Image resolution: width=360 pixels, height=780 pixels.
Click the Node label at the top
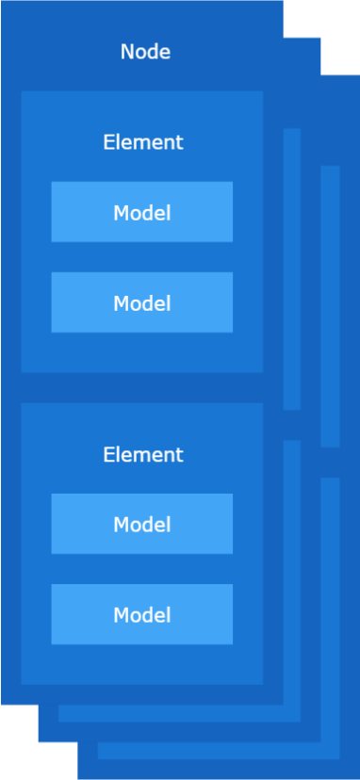pyautogui.click(x=145, y=52)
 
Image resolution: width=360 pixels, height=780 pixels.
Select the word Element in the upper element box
pyautogui.click(x=142, y=142)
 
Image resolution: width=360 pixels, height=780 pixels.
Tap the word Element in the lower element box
pyautogui.click(x=142, y=454)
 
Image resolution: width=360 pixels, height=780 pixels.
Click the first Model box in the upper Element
pyautogui.click(x=141, y=212)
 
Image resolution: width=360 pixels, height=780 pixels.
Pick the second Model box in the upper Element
pyautogui.click(x=141, y=302)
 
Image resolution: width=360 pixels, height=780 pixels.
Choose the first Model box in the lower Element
pyautogui.click(x=141, y=524)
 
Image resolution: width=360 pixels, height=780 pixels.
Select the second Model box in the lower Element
pyautogui.click(x=141, y=614)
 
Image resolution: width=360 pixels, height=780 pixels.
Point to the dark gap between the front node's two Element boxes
pyautogui.click(x=141, y=387)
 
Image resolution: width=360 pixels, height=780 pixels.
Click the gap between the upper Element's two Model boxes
pyautogui.click(x=141, y=257)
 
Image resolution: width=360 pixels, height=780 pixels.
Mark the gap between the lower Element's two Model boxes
pyautogui.click(x=141, y=569)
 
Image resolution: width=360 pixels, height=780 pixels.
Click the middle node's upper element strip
pyautogui.click(x=292, y=268)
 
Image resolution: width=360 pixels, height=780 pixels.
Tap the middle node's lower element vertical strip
pyautogui.click(x=292, y=565)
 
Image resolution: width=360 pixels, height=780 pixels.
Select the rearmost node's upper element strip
pyautogui.click(x=330, y=306)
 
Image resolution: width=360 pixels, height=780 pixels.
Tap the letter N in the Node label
pyautogui.click(x=126, y=52)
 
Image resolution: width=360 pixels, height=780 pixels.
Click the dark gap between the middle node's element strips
pyautogui.click(x=292, y=425)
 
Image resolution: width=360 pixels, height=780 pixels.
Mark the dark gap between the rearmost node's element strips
pyautogui.click(x=330, y=463)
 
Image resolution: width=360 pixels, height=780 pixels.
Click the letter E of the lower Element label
pyautogui.click(x=107, y=454)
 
